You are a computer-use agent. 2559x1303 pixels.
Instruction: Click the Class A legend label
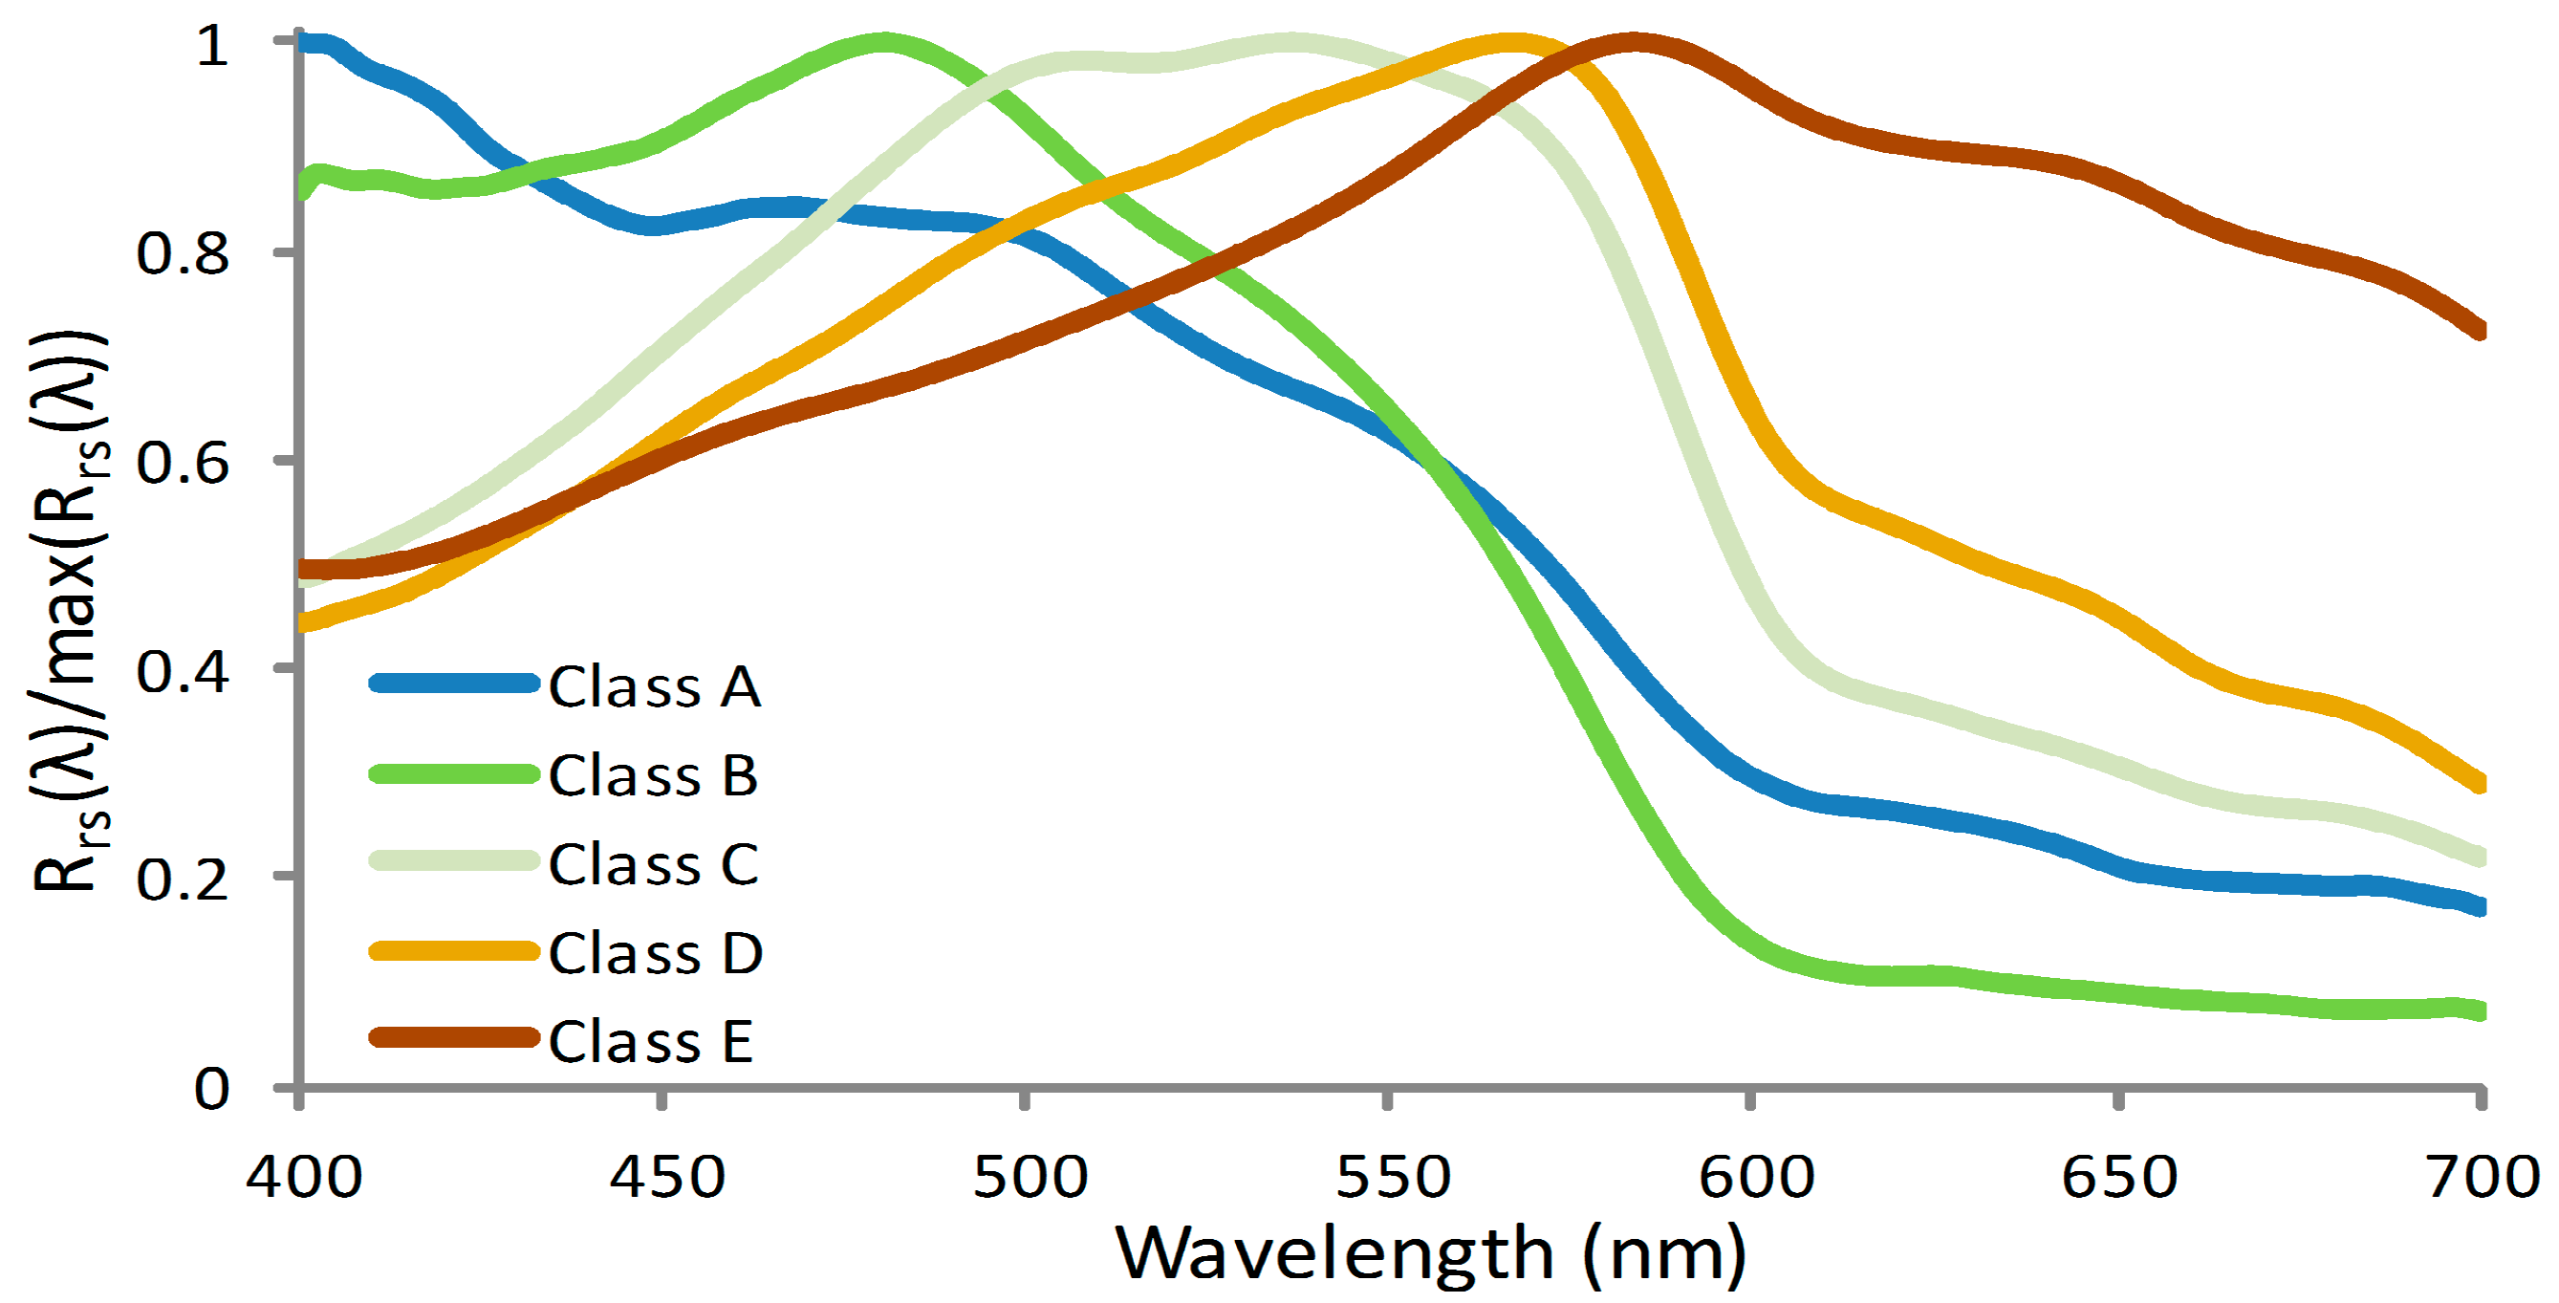[x=655, y=686]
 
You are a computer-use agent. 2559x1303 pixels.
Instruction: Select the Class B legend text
[x=653, y=774]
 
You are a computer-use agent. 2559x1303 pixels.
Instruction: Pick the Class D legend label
[x=655, y=952]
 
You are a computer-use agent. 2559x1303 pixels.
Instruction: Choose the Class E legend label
[x=650, y=1041]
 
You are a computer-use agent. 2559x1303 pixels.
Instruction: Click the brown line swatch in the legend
[x=454, y=1038]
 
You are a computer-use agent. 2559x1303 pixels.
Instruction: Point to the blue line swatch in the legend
[x=454, y=683]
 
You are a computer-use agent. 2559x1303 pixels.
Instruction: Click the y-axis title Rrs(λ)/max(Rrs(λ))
[x=70, y=611]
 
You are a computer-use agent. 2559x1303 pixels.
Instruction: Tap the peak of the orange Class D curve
[x=1510, y=43]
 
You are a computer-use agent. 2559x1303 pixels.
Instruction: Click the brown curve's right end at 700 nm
[x=2479, y=330]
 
